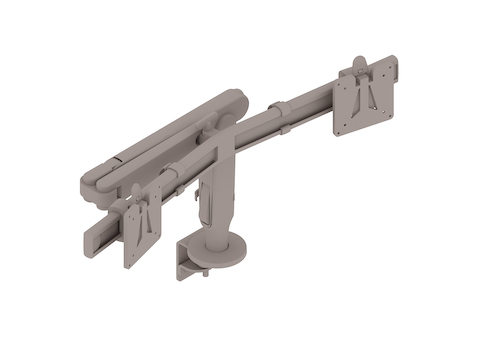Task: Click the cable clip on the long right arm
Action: [288, 128]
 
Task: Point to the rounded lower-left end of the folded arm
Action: [96, 183]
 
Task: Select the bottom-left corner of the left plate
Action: [127, 263]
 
